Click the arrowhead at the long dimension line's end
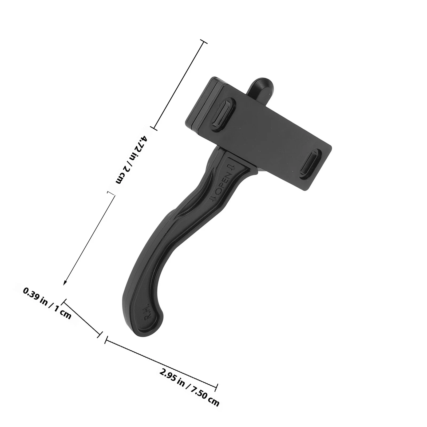pos(65,283)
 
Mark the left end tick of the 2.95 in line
pos(106,340)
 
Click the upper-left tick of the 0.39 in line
pos(64,302)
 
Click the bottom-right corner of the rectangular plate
pos(304,190)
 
